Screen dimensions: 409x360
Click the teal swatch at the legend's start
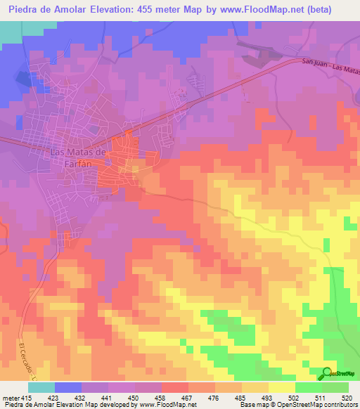(x=41, y=387)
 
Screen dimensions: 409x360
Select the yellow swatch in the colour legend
(x=281, y=387)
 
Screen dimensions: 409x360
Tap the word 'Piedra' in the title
(x=24, y=9)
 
